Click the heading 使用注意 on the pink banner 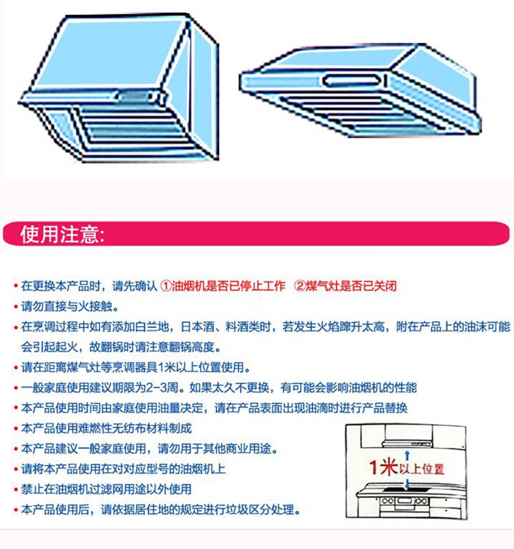[62, 235]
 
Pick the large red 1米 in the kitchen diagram [382, 469]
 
